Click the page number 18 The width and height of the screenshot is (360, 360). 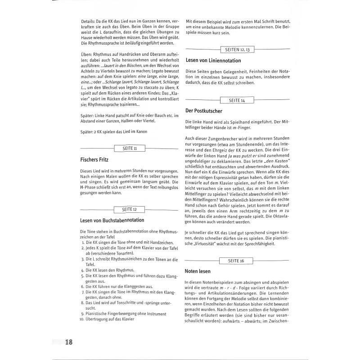click(x=68, y=342)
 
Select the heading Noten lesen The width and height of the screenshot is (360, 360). click(x=198, y=271)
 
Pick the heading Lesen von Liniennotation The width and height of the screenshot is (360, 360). click(x=213, y=60)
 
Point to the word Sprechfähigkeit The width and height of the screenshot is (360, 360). click(x=257, y=244)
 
